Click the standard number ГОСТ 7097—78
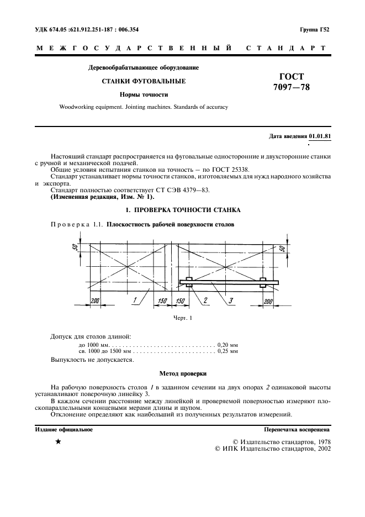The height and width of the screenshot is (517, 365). click(x=288, y=82)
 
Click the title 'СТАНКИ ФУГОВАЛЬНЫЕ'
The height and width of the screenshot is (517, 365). click(x=144, y=81)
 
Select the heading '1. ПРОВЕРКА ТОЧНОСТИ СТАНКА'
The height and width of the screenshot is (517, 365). click(x=182, y=210)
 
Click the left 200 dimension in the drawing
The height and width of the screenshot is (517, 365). click(x=94, y=300)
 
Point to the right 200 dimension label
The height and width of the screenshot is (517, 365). click(x=268, y=300)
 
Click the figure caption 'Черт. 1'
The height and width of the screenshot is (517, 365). click(x=182, y=318)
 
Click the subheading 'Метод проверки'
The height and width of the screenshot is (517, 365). click(x=182, y=373)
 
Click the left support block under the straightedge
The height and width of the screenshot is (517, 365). click(x=189, y=282)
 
